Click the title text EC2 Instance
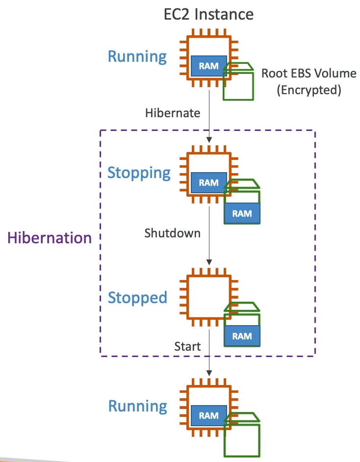pyautogui.click(x=208, y=14)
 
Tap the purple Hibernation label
pyautogui.click(x=50, y=238)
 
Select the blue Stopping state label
pyautogui.click(x=139, y=173)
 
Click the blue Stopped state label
pyautogui.click(x=137, y=298)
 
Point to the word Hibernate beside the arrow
pyautogui.click(x=173, y=113)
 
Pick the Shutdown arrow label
pyautogui.click(x=172, y=233)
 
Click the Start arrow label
pyautogui.click(x=187, y=347)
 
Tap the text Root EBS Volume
pyautogui.click(x=309, y=74)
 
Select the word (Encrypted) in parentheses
pyautogui.click(x=309, y=90)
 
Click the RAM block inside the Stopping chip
pyautogui.click(x=208, y=182)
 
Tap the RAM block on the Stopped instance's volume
pyautogui.click(x=242, y=336)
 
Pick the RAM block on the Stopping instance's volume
pyautogui.click(x=242, y=213)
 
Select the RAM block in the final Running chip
pyautogui.click(x=208, y=415)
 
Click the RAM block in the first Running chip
pyautogui.click(x=208, y=66)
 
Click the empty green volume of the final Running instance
pyautogui.click(x=242, y=436)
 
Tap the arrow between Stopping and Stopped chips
pyautogui.click(x=209, y=235)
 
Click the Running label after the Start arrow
pyautogui.click(x=137, y=406)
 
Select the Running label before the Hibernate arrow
pyautogui.click(x=137, y=56)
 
